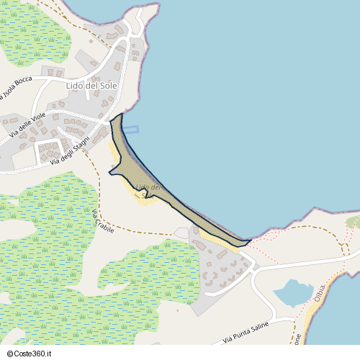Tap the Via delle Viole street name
point(29,125)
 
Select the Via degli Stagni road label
point(70,153)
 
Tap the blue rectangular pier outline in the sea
point(130,129)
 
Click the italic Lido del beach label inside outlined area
point(148,189)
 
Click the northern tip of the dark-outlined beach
point(121,114)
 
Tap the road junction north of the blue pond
point(253,269)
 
